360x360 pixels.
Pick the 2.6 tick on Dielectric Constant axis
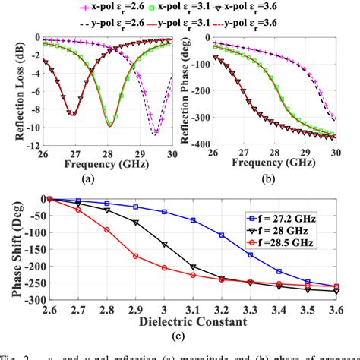coord(49,308)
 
